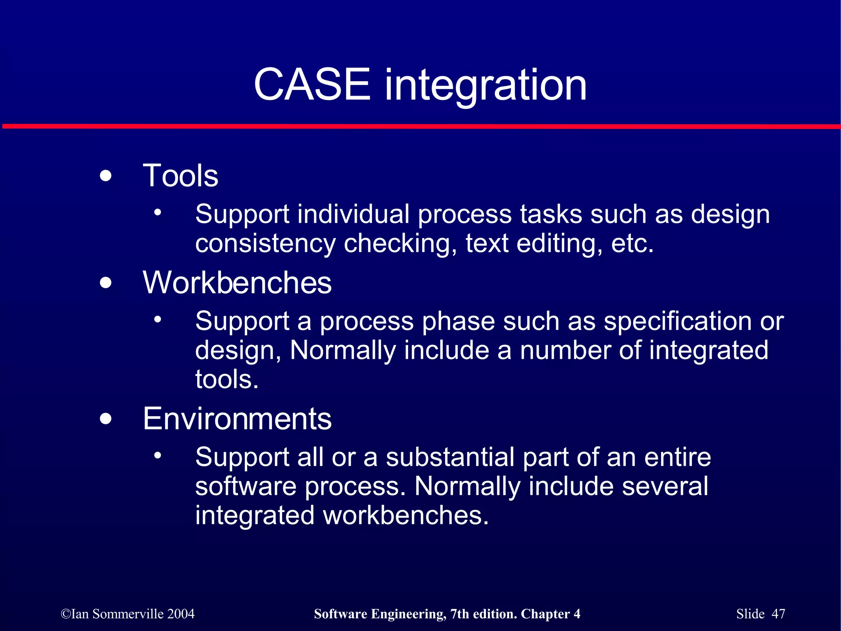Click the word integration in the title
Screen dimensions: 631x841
(485, 86)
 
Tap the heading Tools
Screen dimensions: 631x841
(180, 176)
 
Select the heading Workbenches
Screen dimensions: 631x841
(237, 283)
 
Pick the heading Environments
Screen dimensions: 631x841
(237, 419)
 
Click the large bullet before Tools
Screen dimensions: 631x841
(106, 176)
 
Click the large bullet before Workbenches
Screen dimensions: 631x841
(106, 283)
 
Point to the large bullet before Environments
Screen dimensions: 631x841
(106, 419)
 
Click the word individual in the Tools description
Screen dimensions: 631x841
(353, 214)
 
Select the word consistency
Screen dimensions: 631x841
(265, 244)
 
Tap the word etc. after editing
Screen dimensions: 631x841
(632, 243)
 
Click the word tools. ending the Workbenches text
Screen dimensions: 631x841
(227, 379)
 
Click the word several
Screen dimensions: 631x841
(665, 486)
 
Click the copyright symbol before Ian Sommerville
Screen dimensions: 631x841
(66, 614)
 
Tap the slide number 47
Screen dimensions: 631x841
(778, 614)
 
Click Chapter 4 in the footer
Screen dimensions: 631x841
(550, 614)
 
